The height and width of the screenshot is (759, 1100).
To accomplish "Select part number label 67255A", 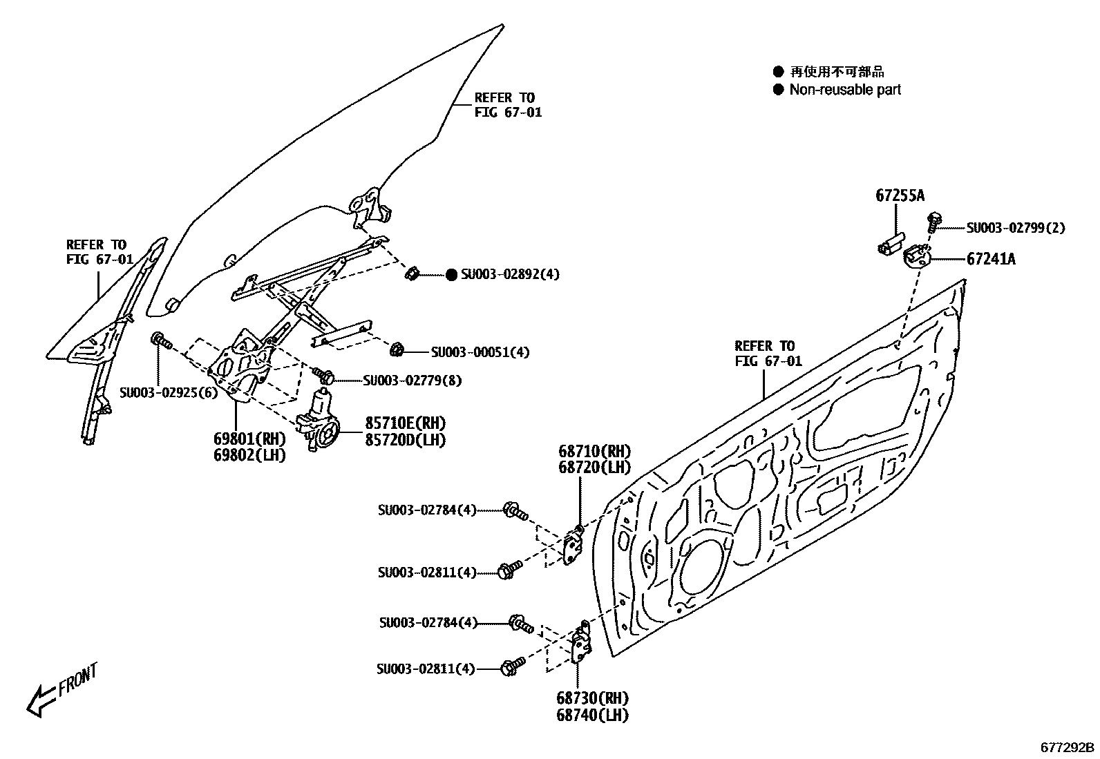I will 899,196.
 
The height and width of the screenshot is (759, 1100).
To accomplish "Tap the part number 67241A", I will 990,259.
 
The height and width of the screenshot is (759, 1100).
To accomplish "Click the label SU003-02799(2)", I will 1015,228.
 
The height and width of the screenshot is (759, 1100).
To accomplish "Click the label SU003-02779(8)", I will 413,380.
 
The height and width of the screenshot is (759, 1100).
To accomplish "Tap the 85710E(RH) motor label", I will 405,423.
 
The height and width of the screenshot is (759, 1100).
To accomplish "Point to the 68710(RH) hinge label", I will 594,452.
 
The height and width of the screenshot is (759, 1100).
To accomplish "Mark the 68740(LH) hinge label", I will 592,715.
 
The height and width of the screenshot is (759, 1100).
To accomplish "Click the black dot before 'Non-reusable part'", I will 779,89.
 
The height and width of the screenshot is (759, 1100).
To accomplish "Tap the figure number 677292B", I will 1068,747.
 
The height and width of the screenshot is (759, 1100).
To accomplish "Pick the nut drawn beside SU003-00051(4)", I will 397,350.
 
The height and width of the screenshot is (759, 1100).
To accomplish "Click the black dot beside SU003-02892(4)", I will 451,275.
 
